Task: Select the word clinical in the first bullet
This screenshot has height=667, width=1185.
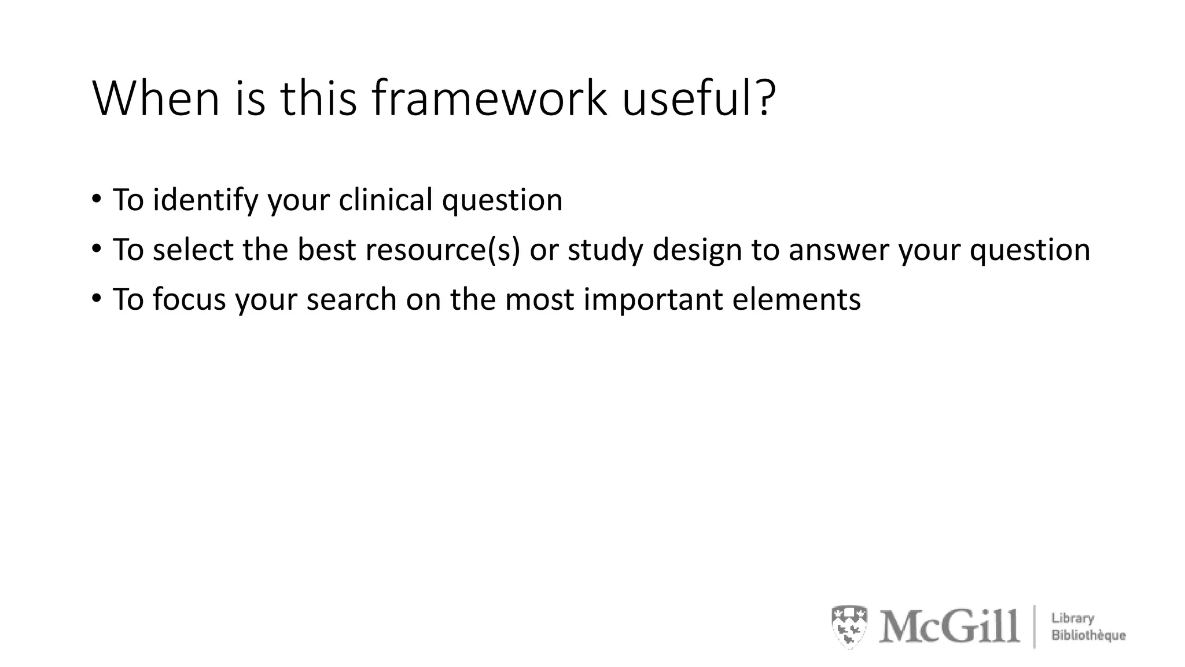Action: tap(385, 200)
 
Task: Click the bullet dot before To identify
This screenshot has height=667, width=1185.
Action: tap(96, 200)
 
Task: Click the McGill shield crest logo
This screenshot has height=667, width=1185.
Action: tap(849, 626)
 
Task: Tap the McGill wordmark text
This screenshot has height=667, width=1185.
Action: tap(949, 626)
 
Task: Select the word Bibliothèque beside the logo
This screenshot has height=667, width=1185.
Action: tap(1088, 635)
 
